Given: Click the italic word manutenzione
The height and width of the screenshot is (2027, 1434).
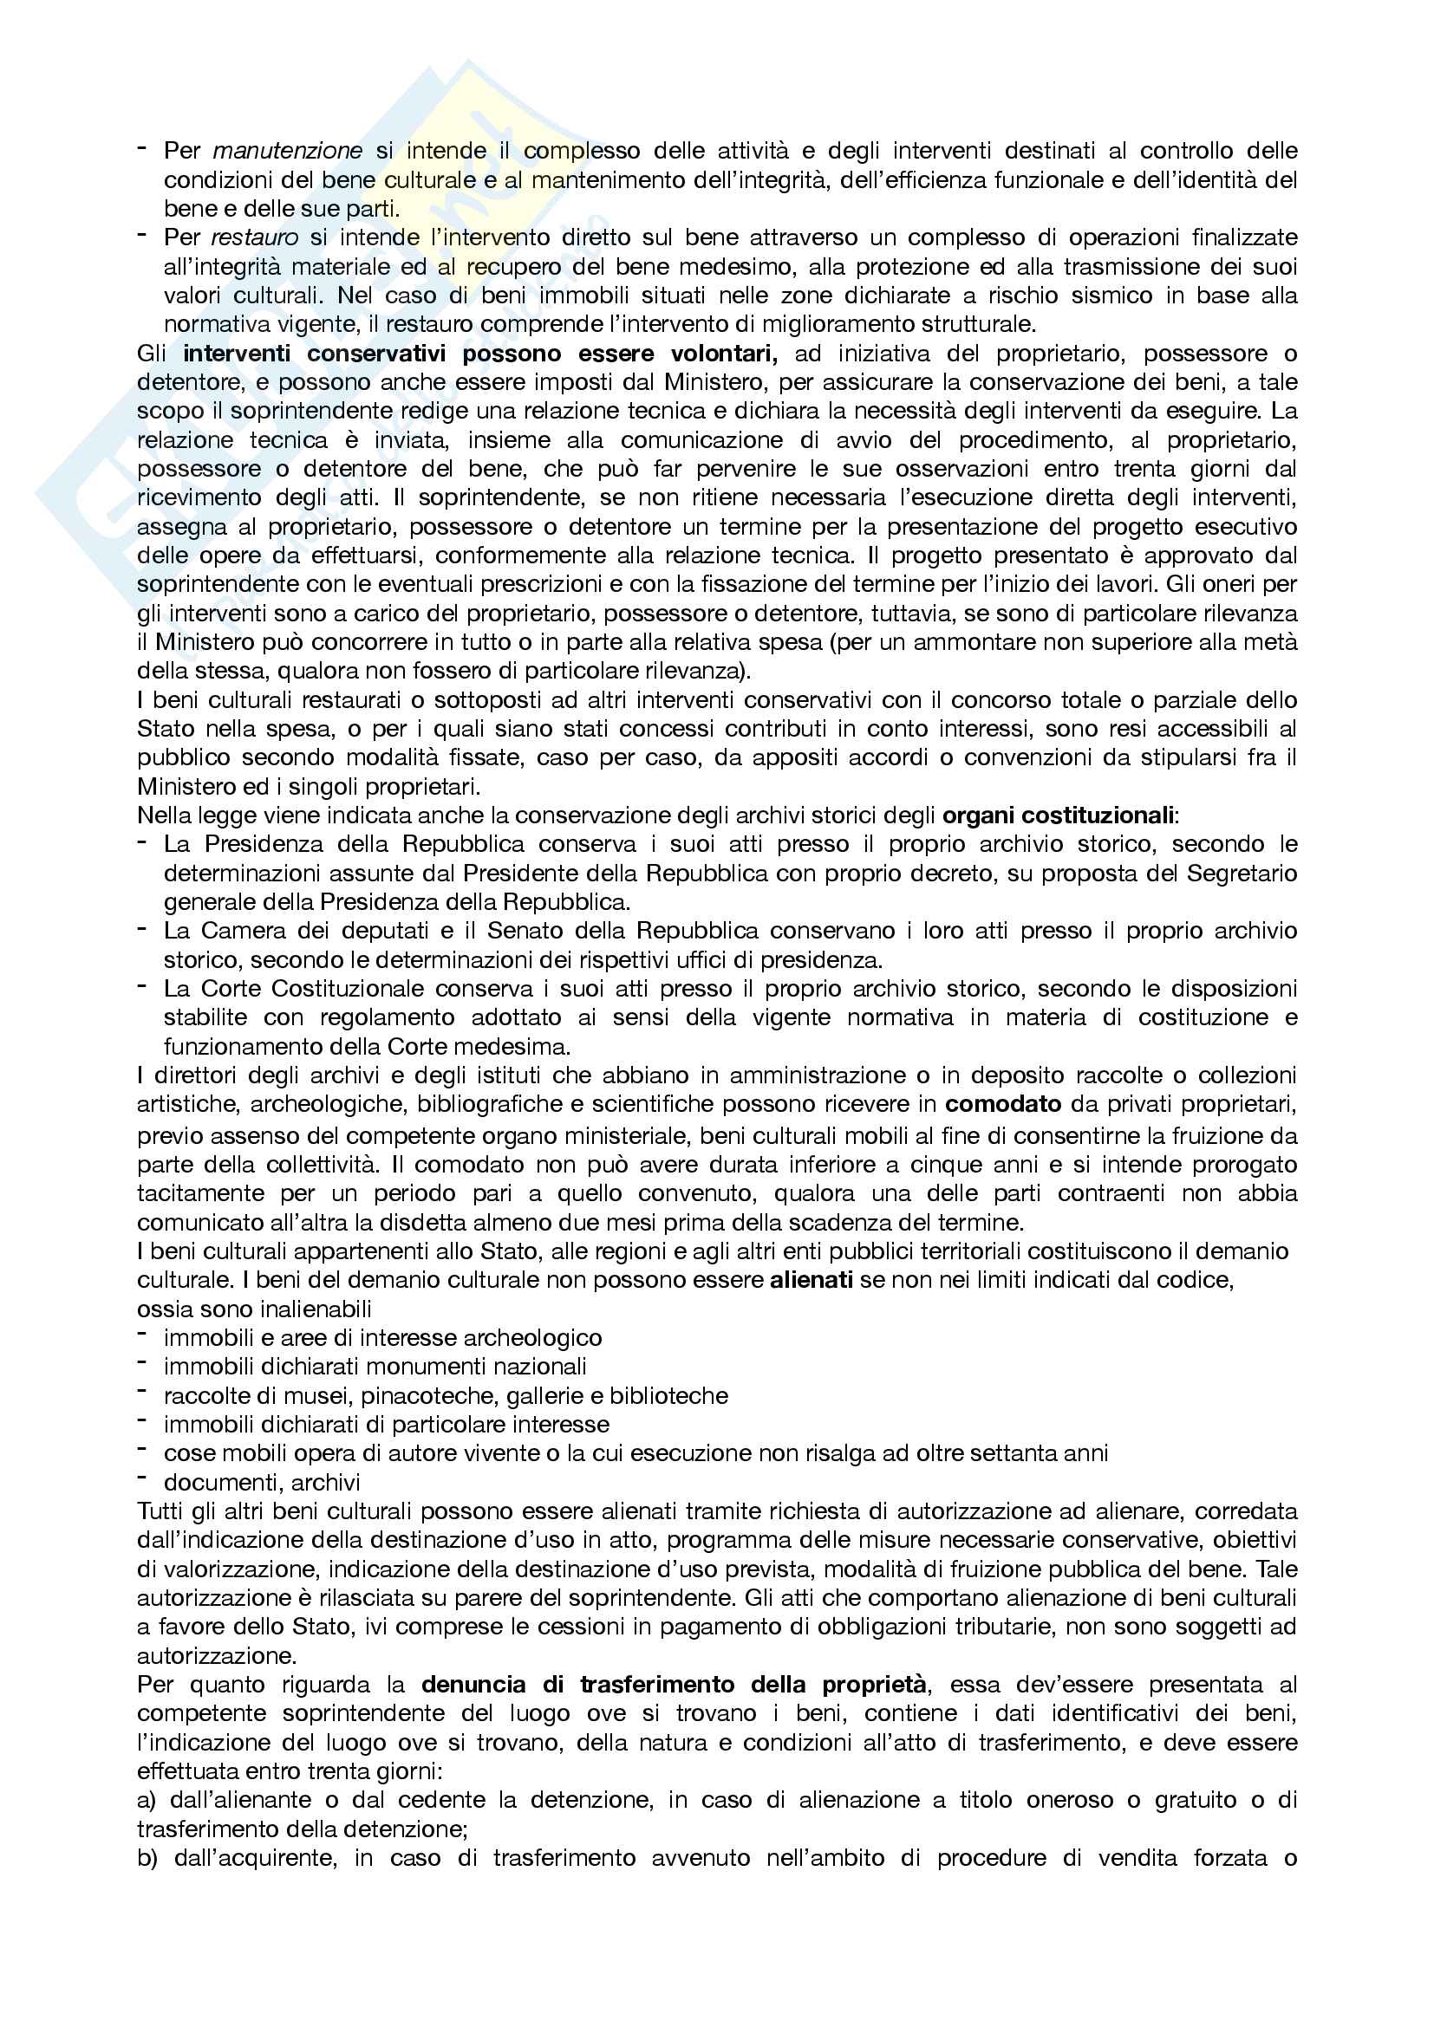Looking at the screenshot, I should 287,151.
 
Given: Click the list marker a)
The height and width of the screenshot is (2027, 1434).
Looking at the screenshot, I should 147,1800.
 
